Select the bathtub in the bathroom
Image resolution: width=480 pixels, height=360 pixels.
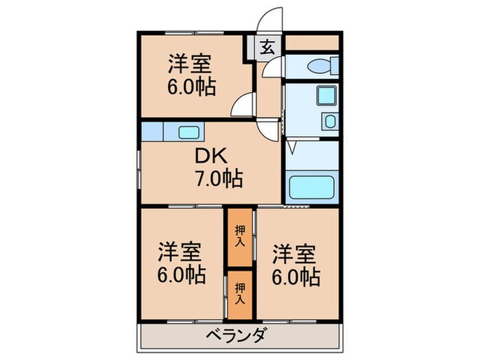pyautogui.click(x=311, y=187)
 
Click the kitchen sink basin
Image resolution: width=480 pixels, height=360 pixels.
pyautogui.click(x=189, y=132)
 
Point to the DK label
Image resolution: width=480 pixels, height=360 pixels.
pyautogui.click(x=211, y=156)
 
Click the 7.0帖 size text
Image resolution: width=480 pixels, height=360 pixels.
pyautogui.click(x=219, y=178)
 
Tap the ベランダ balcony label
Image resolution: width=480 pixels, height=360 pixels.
pyautogui.click(x=235, y=335)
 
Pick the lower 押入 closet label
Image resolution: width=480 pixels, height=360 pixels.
pyautogui.click(x=240, y=293)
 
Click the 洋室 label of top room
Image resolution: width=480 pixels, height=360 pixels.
pyautogui.click(x=190, y=64)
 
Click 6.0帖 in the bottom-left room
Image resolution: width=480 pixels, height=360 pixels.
pyautogui.click(x=182, y=274)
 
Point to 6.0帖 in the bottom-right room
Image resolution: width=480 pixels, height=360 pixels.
pyautogui.click(x=296, y=277)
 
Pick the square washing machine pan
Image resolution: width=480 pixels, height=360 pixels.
pyautogui.click(x=327, y=95)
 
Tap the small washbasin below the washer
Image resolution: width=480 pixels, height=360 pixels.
pyautogui.click(x=330, y=121)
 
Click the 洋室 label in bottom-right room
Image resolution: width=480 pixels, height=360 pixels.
pyautogui.click(x=294, y=254)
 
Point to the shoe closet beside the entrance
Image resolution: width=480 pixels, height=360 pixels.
pyautogui.click(x=312, y=43)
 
